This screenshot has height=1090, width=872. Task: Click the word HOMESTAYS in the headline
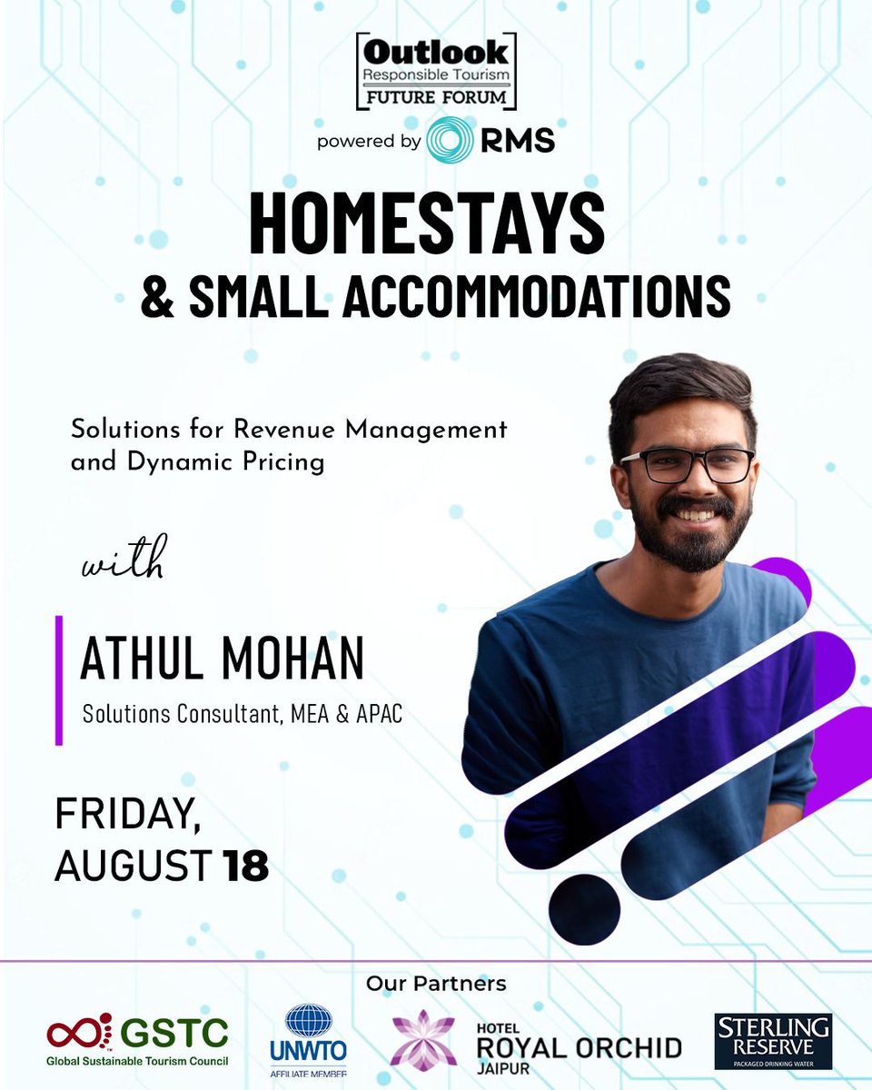point(427,223)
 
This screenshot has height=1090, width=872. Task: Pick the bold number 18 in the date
point(245,866)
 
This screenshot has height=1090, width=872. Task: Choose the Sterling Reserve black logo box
point(772,1041)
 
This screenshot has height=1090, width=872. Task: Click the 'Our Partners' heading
point(436,983)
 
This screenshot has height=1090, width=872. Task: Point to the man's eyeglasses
point(687,464)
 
